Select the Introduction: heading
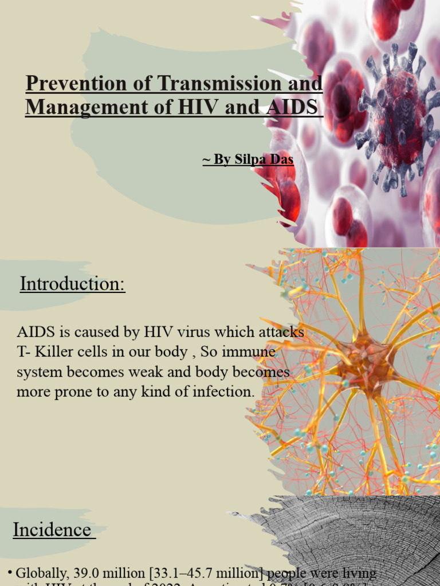point(73,284)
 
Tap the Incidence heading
point(52,530)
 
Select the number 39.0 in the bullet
point(86,573)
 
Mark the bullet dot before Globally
point(10,573)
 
